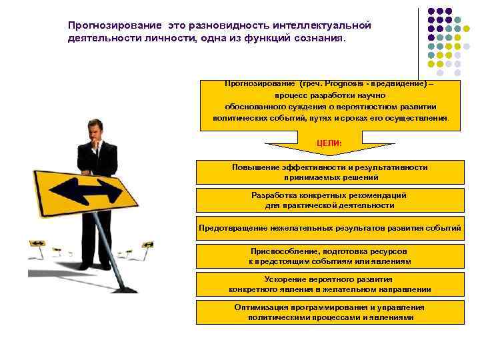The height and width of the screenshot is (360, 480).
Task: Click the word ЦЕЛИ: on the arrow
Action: [x=329, y=143]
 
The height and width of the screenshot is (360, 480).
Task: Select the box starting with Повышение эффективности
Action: [x=330, y=172]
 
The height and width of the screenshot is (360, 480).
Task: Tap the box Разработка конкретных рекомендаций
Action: [x=330, y=200]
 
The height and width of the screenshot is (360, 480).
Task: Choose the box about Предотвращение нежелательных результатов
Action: [x=330, y=228]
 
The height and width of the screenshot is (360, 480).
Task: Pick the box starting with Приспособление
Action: [x=330, y=256]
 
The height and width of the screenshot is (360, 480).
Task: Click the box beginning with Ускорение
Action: [x=330, y=284]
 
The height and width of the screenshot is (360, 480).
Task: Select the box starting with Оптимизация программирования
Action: [x=330, y=312]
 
